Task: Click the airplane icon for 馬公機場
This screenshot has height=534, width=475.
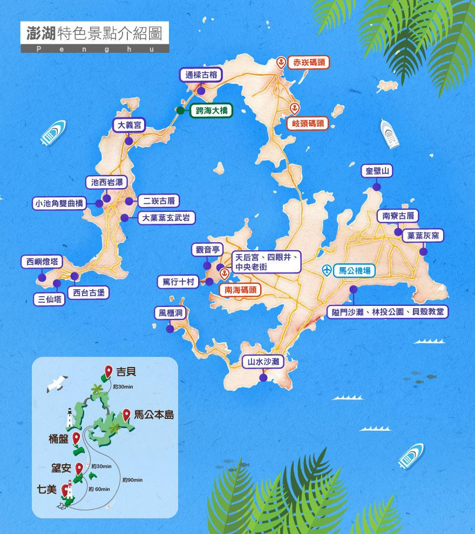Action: click(326, 270)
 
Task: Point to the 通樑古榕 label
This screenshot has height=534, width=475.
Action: click(201, 75)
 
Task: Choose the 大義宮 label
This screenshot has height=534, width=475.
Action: click(129, 125)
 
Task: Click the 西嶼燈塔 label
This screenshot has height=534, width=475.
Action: click(41, 262)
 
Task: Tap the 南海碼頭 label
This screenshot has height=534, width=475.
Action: click(239, 290)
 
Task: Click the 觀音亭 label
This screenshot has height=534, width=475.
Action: click(207, 250)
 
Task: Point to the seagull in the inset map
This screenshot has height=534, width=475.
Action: click(57, 383)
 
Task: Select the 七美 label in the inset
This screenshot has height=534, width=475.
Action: click(46, 489)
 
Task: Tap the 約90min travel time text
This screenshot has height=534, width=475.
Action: click(132, 479)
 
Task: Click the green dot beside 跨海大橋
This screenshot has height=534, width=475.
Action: click(179, 110)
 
